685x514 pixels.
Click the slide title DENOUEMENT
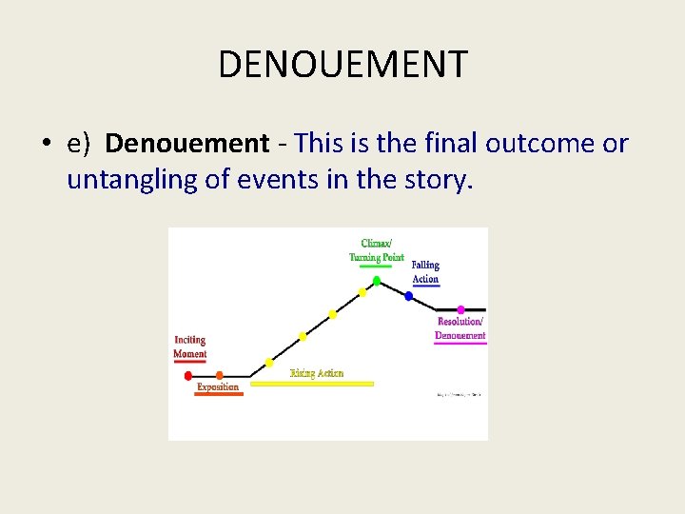[342, 65]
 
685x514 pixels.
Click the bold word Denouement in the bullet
[187, 144]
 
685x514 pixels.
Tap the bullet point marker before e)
[46, 144]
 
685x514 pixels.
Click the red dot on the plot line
[187, 376]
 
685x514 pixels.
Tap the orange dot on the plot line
[219, 376]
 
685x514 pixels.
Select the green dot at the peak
[376, 281]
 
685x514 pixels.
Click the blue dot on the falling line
[408, 296]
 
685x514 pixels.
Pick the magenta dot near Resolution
[460, 309]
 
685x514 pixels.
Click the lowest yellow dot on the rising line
[269, 363]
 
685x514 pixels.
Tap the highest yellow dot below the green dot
[362, 293]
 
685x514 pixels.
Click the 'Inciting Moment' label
[189, 346]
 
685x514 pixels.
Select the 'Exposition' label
[218, 387]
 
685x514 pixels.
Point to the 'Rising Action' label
[317, 373]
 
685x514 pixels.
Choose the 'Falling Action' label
[425, 272]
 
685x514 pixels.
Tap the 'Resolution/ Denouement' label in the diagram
[460, 328]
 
